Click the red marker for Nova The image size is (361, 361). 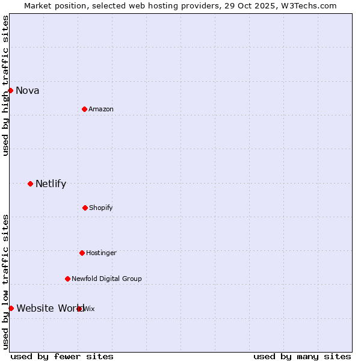click(x=10, y=90)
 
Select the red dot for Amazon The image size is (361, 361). click(x=84, y=109)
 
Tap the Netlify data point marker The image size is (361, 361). click(x=30, y=184)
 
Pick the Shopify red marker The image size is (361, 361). click(x=85, y=208)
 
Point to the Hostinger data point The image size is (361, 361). click(x=82, y=253)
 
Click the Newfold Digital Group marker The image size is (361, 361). click(x=67, y=279)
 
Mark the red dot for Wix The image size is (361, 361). click(x=79, y=309)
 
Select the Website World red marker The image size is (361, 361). click(x=11, y=308)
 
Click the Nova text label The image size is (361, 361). click(x=27, y=91)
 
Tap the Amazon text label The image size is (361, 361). click(x=101, y=109)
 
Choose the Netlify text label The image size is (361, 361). click(x=51, y=184)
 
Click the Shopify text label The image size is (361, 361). click(x=100, y=208)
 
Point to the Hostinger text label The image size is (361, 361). click(x=101, y=253)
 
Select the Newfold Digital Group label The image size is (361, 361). click(x=106, y=279)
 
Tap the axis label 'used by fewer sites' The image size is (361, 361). click(x=61, y=356)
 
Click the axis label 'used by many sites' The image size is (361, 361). click(x=301, y=356)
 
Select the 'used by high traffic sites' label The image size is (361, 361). click(x=6, y=85)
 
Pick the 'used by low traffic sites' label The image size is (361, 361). click(x=6, y=282)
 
